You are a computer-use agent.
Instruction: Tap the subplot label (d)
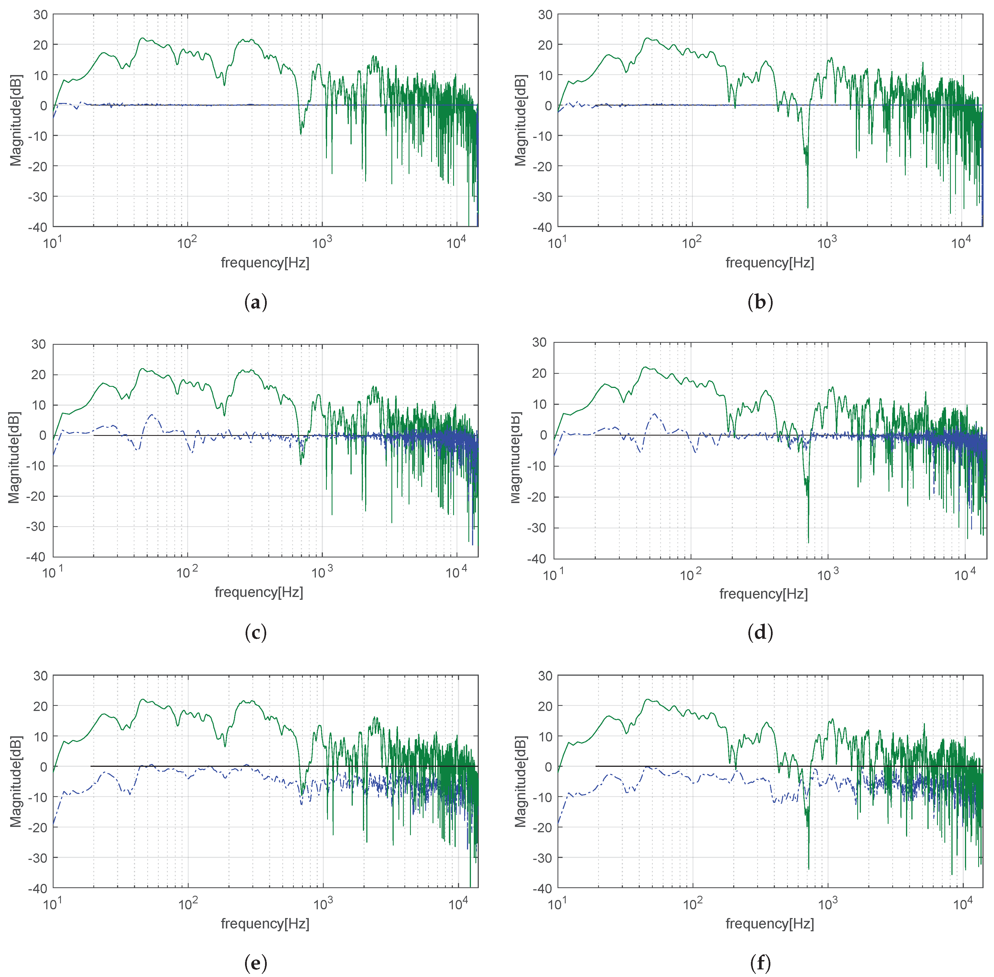(760, 633)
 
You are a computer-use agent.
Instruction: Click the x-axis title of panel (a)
(265, 263)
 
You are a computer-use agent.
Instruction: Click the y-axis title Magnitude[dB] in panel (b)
(521, 120)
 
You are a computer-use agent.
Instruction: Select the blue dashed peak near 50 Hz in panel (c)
(151, 415)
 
